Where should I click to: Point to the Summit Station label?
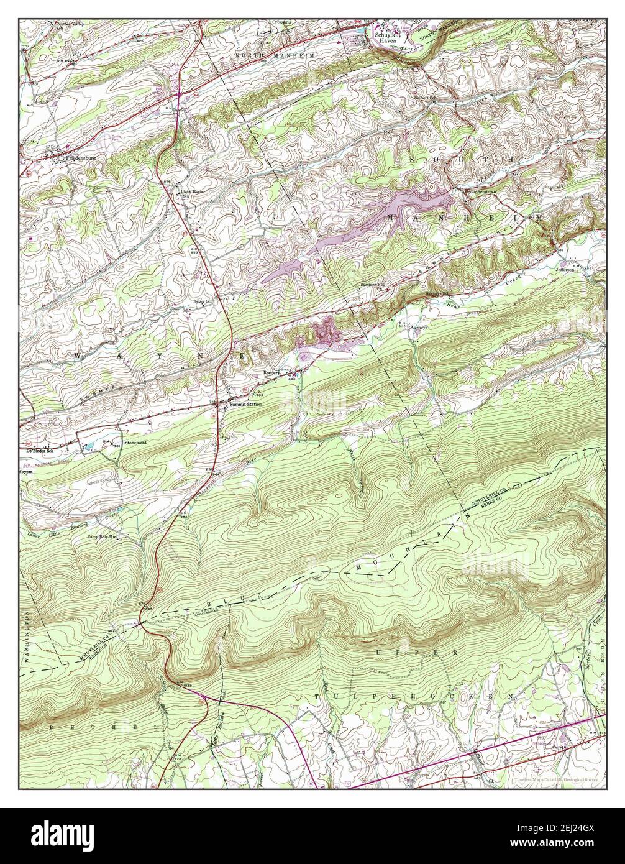click(x=245, y=405)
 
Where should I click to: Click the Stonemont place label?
click(x=134, y=442)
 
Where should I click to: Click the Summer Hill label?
click(x=373, y=285)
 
